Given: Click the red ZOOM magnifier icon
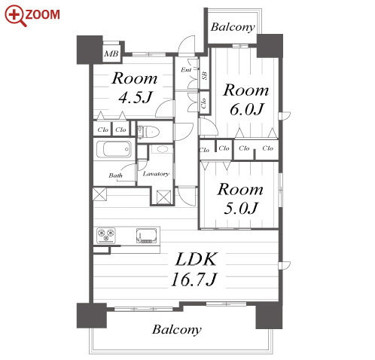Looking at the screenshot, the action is point(16,16).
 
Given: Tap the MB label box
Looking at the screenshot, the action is point(111,53).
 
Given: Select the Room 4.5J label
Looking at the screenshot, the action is point(135,87).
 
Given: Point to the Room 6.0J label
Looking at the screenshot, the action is point(246,99).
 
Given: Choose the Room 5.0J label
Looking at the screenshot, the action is point(240,198).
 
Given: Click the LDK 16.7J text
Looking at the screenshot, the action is point(195,269).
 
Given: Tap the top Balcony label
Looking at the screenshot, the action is point(233,27).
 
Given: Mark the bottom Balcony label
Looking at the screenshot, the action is point(177,330).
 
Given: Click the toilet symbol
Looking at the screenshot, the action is point(148,132).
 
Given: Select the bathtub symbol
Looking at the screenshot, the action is point(114,149).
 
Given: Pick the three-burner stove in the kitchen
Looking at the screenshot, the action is point(106,235).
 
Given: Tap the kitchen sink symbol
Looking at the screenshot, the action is point(147,236).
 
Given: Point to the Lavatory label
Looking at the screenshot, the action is point(156,174).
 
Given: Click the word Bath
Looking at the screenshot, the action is point(115,175).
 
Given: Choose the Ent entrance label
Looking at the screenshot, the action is point(186,70).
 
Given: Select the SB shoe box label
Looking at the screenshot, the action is point(205,75).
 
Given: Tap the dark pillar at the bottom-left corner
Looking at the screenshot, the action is point(92,316).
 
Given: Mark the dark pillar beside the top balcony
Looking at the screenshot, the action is point(270,46).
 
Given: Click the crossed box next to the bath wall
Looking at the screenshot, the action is point(99,194).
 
